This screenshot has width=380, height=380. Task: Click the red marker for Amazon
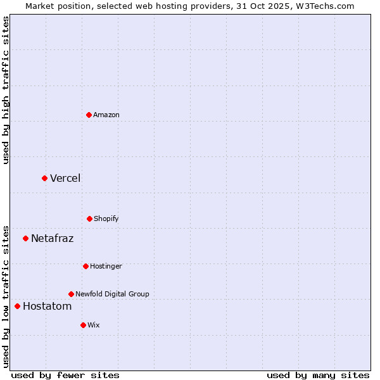pos(89,115)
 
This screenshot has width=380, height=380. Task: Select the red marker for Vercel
pos(44,178)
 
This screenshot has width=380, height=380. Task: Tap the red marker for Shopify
pos(89,218)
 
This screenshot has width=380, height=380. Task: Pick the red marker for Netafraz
pos(25,238)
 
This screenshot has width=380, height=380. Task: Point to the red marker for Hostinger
pos(85,266)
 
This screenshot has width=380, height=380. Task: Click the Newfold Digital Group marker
pos(71,294)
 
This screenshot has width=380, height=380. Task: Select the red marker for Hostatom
pos(17,306)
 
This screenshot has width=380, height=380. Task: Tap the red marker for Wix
pos(83,325)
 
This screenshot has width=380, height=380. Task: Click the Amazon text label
pos(106,115)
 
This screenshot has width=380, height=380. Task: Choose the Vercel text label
pos(65,178)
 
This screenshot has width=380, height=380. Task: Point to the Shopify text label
pos(106,218)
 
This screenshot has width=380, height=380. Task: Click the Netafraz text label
pos(52,238)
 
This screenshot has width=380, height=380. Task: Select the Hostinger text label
pos(106,266)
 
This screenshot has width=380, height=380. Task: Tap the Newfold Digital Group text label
pos(112,294)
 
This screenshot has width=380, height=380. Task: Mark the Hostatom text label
pos(47,306)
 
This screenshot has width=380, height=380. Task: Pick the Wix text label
pos(94,325)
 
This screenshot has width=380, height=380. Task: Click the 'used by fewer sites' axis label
pos(65,375)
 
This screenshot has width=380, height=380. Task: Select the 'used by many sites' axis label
pos(318,375)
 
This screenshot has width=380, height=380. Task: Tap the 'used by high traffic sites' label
pos(6,90)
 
